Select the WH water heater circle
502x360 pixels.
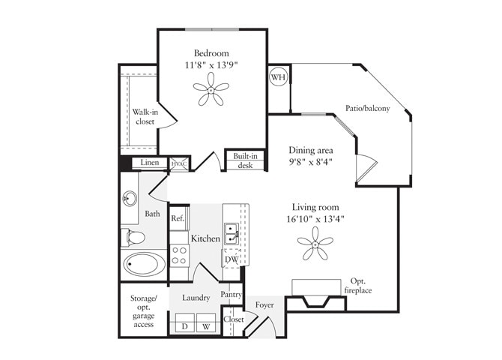coord(278,77)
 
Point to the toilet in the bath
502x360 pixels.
coord(134,238)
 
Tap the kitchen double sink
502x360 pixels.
coord(232,234)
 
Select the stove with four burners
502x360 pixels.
coord(179,255)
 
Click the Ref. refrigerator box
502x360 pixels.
coord(178,218)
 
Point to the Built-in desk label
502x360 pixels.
coord(245,160)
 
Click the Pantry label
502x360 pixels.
coord(231,295)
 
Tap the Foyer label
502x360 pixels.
coord(264,304)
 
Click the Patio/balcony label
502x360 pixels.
coord(367,109)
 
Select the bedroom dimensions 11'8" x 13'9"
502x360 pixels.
coord(211,65)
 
